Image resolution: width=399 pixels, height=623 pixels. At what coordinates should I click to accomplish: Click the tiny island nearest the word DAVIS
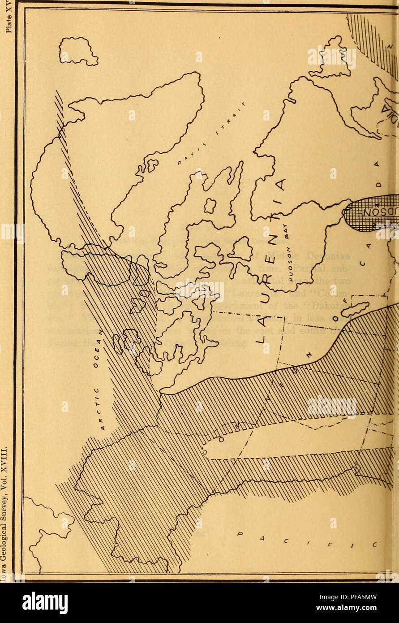[x=153, y=165]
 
